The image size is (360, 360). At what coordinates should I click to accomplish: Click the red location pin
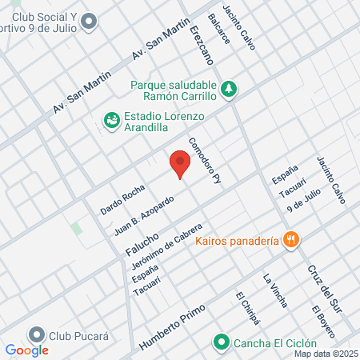point(180,165)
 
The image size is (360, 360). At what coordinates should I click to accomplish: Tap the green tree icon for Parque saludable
point(229,87)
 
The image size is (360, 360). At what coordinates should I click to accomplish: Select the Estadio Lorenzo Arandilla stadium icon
point(111,120)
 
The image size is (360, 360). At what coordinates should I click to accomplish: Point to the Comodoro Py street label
point(204,163)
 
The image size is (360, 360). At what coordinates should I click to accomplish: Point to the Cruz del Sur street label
point(318,287)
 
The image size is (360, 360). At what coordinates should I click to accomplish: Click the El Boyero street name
point(322,322)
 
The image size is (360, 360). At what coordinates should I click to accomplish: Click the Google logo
point(27,350)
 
